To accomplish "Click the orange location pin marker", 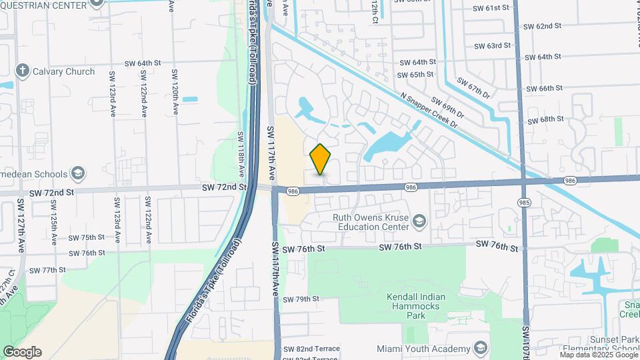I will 321,159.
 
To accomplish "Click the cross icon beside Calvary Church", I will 22,71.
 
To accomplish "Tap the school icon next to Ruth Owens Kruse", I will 419,221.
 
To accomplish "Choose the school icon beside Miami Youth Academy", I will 481,348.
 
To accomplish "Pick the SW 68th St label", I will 545,119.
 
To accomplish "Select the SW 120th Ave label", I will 175,92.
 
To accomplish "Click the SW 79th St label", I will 301,299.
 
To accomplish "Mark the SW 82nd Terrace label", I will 311,349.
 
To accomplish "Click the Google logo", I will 22,352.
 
